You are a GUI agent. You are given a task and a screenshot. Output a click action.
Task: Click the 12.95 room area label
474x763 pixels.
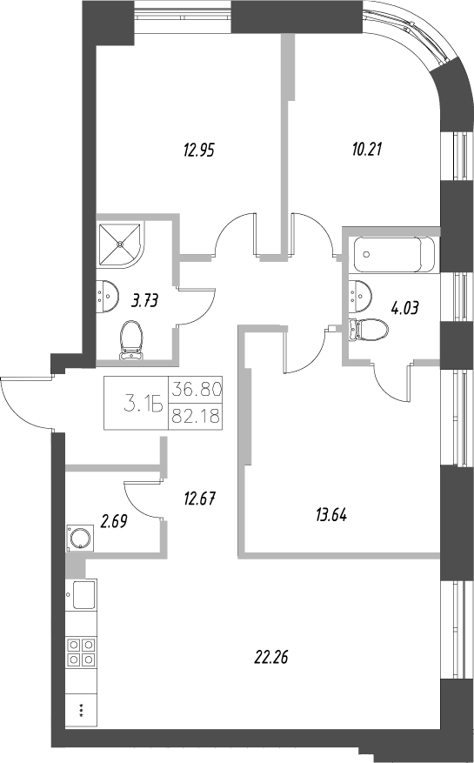199,150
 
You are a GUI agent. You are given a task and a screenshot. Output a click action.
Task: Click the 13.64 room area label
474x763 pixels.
330,514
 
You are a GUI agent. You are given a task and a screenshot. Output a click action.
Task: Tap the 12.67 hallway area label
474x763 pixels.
199,499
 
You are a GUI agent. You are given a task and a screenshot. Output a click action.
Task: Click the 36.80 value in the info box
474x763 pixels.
197,389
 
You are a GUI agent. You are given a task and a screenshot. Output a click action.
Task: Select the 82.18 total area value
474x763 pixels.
197,416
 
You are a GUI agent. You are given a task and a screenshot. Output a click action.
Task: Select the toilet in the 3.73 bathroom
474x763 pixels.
132,339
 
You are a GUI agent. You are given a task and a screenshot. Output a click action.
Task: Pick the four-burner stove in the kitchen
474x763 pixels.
81,653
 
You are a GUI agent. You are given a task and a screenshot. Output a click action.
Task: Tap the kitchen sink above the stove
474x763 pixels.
84,597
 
